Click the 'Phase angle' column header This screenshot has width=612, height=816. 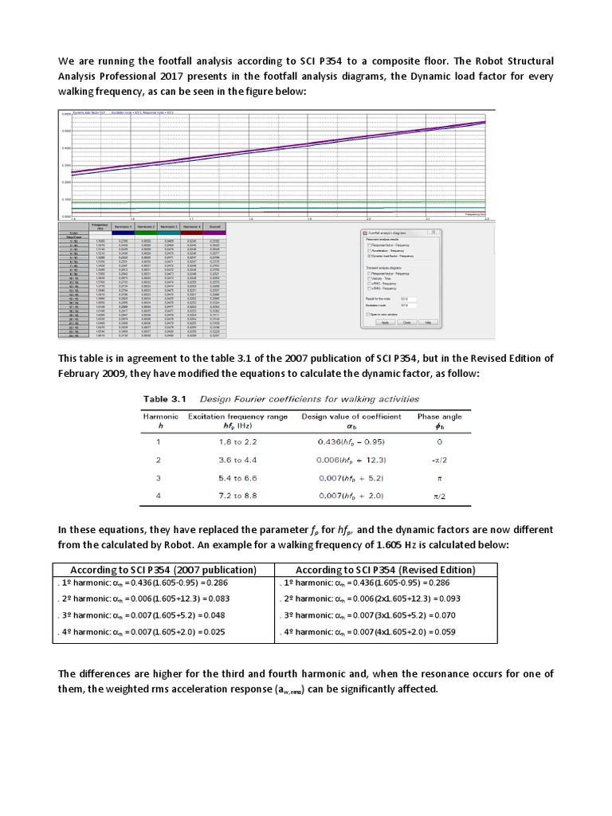[x=439, y=416]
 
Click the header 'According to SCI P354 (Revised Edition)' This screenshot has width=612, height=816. [x=385, y=570]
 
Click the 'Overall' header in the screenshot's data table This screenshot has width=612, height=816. [x=214, y=227]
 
